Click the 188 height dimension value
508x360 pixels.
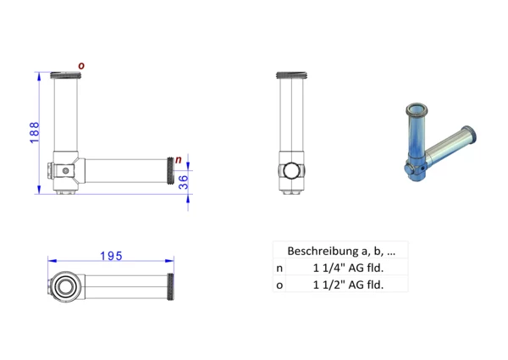(x=34, y=132)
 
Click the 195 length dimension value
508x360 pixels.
(x=111, y=256)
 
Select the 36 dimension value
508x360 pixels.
(x=184, y=182)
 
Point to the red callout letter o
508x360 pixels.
(x=81, y=66)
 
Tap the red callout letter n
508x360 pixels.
(x=179, y=159)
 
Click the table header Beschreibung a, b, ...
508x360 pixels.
(x=341, y=251)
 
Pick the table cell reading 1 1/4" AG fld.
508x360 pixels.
(x=348, y=268)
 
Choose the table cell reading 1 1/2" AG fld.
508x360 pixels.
(x=348, y=285)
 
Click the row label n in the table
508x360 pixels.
(x=279, y=269)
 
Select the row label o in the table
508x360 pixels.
(x=279, y=285)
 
